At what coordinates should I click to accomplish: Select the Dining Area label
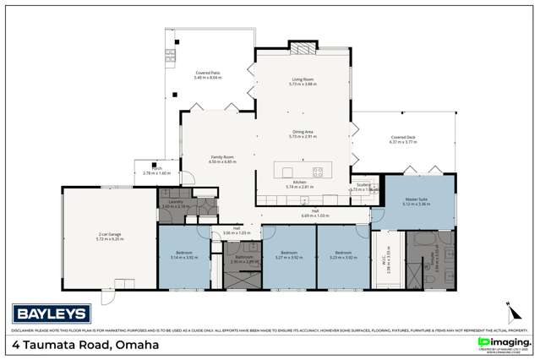pyautogui.click(x=303, y=132)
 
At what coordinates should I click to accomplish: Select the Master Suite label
pyautogui.click(x=417, y=200)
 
